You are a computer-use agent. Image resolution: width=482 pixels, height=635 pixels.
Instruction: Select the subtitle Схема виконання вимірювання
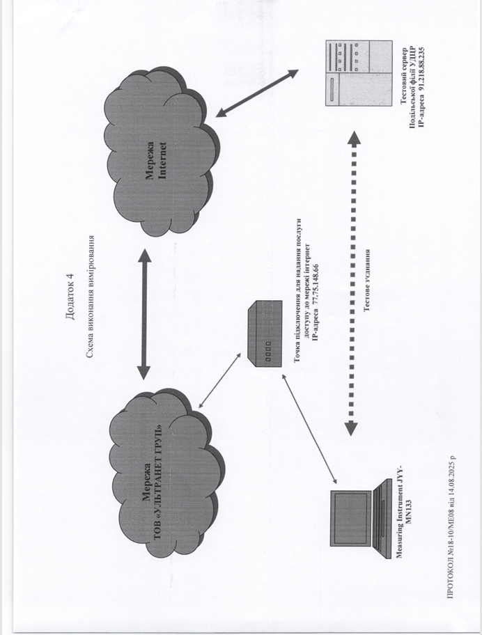pyautogui.click(x=91, y=299)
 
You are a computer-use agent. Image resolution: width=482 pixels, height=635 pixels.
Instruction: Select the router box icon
pyautogui.click(x=265, y=334)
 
